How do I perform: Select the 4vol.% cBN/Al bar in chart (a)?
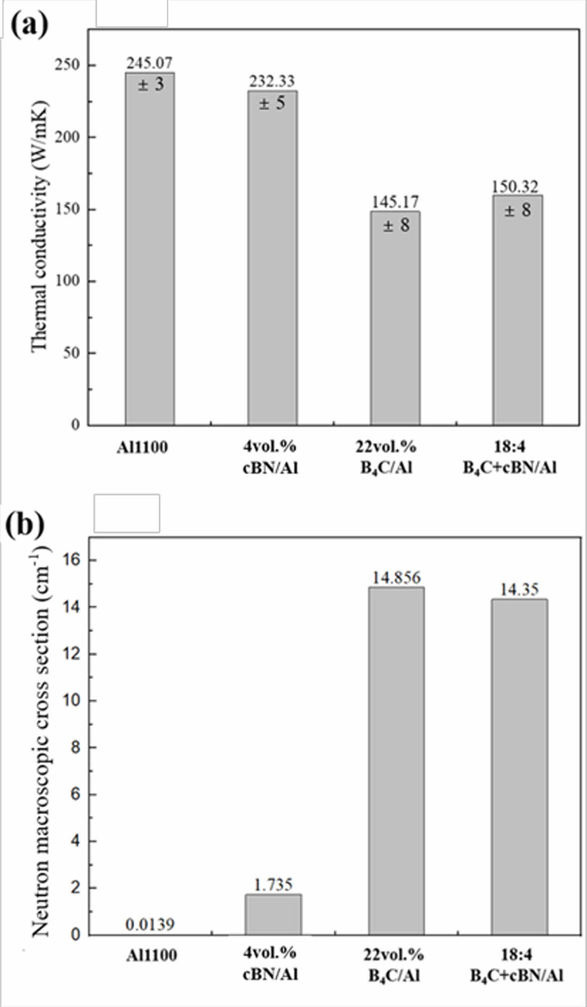pos(272,261)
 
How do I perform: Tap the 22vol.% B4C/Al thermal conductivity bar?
pos(396,320)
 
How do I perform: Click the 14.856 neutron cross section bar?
pos(396,763)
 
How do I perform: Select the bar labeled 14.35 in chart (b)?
pos(519,768)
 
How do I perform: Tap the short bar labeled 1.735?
pos(273,915)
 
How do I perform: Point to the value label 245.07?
pos(149,63)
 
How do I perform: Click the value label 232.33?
pos(272,81)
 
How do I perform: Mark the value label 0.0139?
pos(150,924)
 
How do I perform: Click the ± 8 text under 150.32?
pos(518,210)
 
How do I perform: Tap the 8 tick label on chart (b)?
pos(76,747)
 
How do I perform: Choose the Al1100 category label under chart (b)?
pos(151,955)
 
